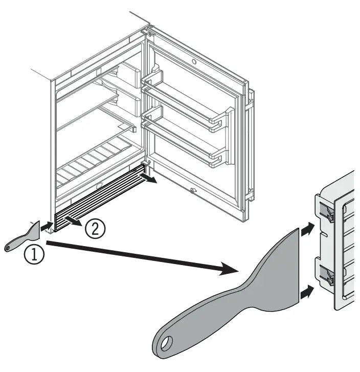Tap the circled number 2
coord(96,229)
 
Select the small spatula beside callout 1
coord(23,237)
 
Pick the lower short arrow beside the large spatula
coord(306,293)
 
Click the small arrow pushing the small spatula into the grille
coord(47,225)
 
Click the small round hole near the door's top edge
coord(195,61)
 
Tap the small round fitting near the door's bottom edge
coord(193,191)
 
